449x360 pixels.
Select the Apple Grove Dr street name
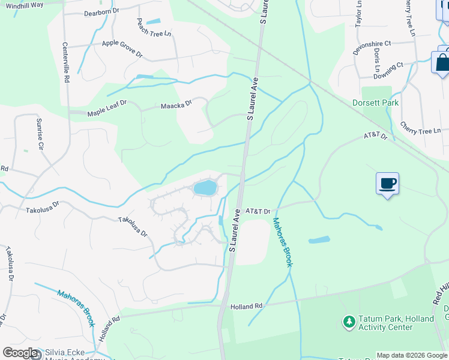(122, 49)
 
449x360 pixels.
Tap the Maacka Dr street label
(176, 106)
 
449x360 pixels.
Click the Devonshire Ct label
(372, 48)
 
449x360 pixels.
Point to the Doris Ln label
(377, 58)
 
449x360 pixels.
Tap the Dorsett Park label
(375, 103)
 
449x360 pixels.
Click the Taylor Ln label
(359, 13)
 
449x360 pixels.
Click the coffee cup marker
(387, 183)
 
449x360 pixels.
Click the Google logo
(20, 353)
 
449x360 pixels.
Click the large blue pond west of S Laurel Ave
(205, 188)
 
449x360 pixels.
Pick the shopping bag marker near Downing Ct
(441, 63)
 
